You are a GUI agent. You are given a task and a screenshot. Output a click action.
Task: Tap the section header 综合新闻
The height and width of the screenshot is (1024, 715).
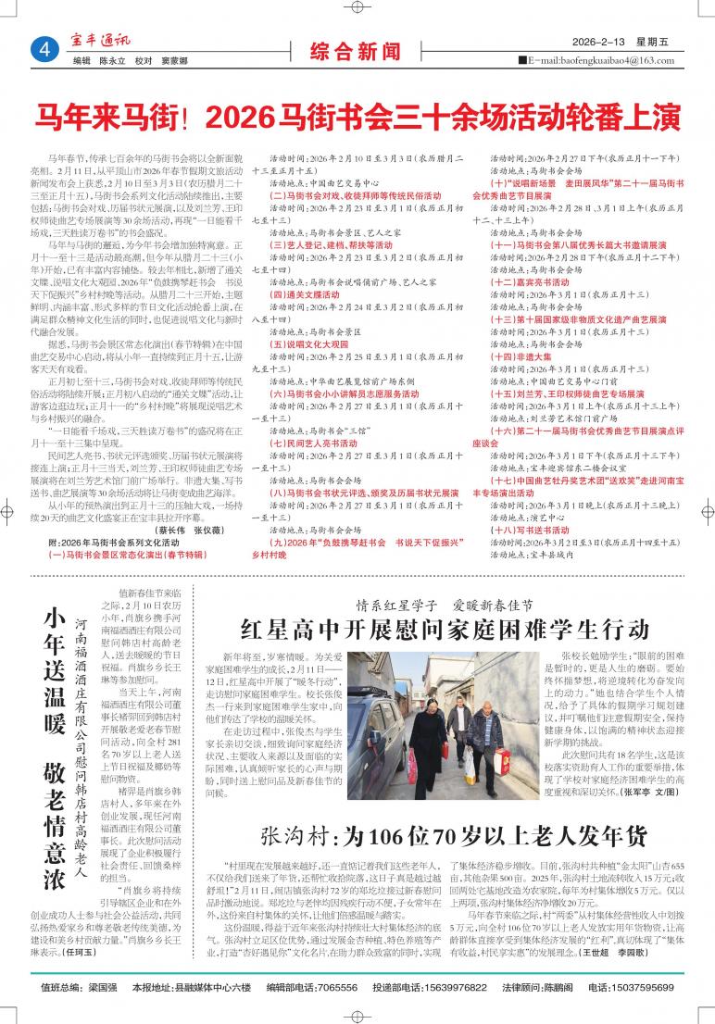356,48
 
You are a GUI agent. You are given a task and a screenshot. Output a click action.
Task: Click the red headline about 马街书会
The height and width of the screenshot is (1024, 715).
357,117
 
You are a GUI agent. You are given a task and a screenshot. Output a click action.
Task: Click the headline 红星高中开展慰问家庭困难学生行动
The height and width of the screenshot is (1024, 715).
445,630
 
